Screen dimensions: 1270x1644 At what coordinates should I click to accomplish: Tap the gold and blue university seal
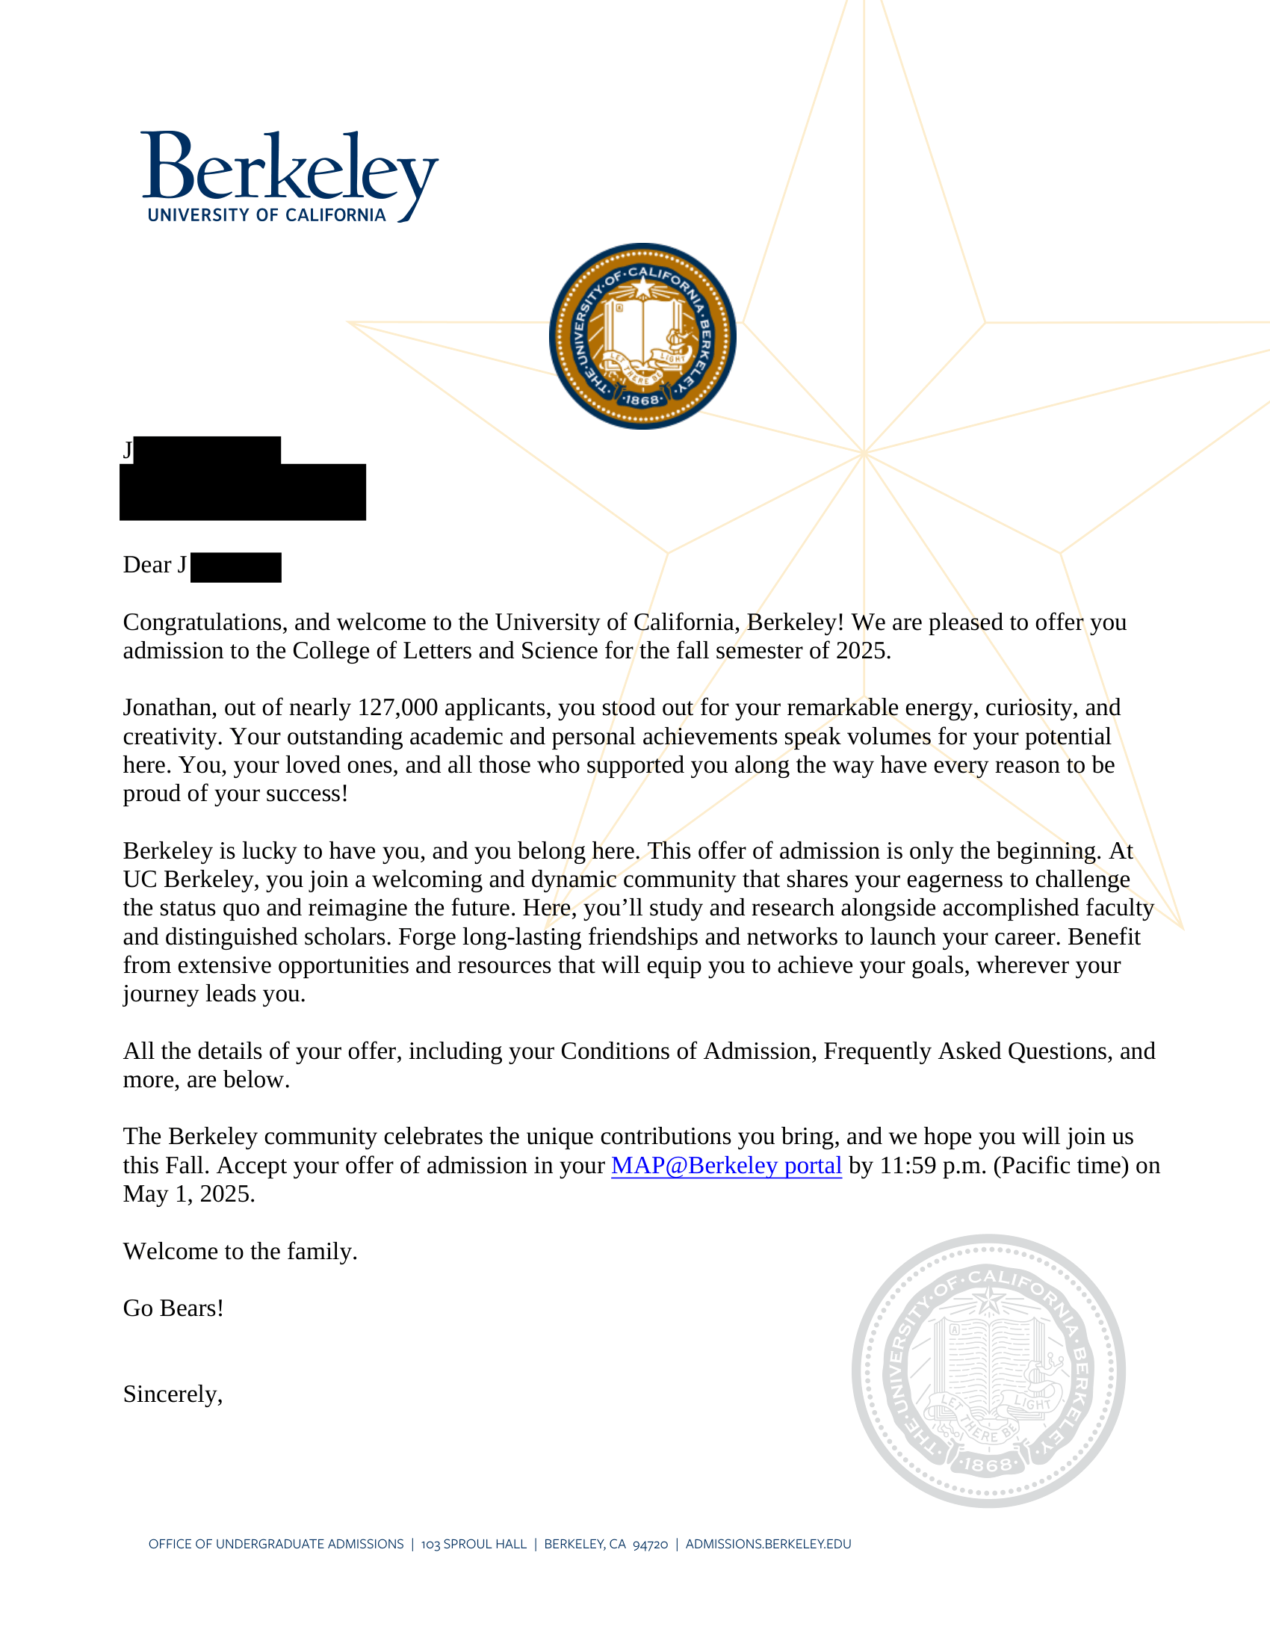(x=642, y=336)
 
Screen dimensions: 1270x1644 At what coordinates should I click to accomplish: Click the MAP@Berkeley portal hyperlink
(x=726, y=1165)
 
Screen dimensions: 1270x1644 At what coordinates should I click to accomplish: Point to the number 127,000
(x=397, y=708)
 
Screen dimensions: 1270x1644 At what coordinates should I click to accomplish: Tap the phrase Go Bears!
(x=173, y=1308)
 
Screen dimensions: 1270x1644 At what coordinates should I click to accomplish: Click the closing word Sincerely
(x=173, y=1394)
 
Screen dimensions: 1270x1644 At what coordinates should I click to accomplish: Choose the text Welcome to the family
(x=240, y=1251)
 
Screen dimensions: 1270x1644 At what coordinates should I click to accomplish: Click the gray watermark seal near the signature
(x=988, y=1370)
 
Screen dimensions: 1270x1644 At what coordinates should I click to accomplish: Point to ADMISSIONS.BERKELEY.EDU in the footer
(x=768, y=1544)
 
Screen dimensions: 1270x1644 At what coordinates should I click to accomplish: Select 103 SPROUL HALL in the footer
(x=473, y=1544)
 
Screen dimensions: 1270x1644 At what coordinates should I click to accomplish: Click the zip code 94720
(x=650, y=1545)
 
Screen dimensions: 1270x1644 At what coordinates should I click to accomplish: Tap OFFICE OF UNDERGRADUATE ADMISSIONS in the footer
(x=276, y=1544)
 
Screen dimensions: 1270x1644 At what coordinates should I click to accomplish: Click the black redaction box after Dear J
(x=235, y=567)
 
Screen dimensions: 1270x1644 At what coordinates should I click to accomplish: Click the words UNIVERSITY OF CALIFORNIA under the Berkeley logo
(x=267, y=215)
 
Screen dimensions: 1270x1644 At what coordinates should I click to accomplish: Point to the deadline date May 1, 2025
(x=189, y=1194)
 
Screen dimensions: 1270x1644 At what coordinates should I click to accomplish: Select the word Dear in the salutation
(x=146, y=564)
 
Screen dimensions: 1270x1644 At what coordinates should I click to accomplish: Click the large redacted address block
(x=242, y=491)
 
